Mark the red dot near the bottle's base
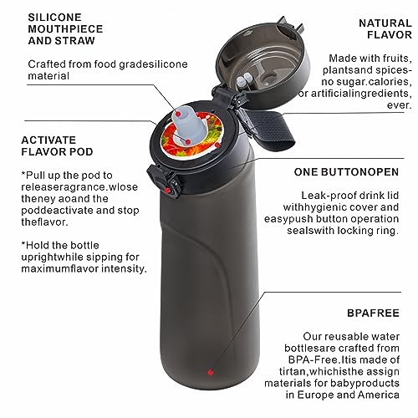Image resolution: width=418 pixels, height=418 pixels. point(211,371)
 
